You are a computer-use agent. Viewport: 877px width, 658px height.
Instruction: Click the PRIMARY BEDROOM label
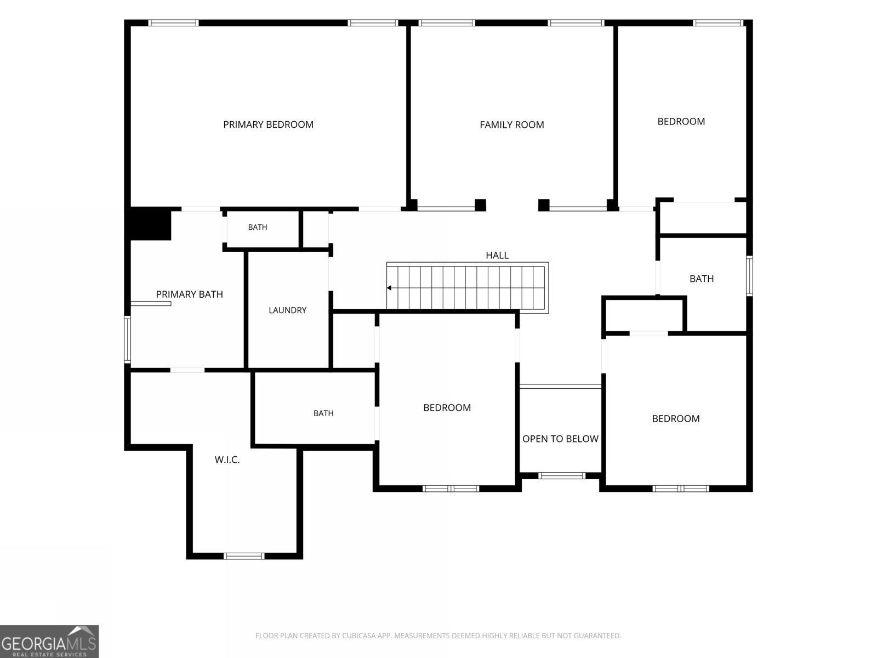(x=268, y=124)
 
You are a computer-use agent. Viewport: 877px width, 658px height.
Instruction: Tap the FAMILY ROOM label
(x=512, y=125)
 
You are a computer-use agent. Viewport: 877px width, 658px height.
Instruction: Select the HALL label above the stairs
(x=497, y=256)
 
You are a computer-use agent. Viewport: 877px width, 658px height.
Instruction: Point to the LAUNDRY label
(x=287, y=310)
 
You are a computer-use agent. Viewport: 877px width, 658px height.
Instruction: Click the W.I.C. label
(x=227, y=460)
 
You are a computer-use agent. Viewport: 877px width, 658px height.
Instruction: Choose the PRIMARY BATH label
(x=190, y=294)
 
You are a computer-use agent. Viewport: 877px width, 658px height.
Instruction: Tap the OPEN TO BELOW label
(x=560, y=439)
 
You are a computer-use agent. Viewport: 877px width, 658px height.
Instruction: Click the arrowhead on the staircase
(x=389, y=288)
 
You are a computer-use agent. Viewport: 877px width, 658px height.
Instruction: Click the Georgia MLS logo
(x=49, y=642)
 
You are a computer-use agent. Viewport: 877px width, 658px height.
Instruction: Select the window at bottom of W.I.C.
(x=244, y=555)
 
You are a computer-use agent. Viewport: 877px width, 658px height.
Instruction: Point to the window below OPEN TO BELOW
(x=562, y=475)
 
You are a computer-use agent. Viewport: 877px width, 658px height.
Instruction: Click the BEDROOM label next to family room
(x=681, y=121)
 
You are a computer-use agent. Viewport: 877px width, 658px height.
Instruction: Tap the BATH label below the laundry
(x=323, y=413)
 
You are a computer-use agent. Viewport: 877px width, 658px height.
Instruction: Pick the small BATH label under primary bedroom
(x=257, y=228)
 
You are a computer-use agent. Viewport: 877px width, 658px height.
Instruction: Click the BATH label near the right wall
(x=702, y=279)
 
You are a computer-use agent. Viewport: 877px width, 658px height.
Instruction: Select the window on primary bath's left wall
(x=128, y=339)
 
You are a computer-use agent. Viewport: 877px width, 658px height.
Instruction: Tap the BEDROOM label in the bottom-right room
(x=676, y=419)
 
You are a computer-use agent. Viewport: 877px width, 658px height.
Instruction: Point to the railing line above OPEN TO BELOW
(x=560, y=387)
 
